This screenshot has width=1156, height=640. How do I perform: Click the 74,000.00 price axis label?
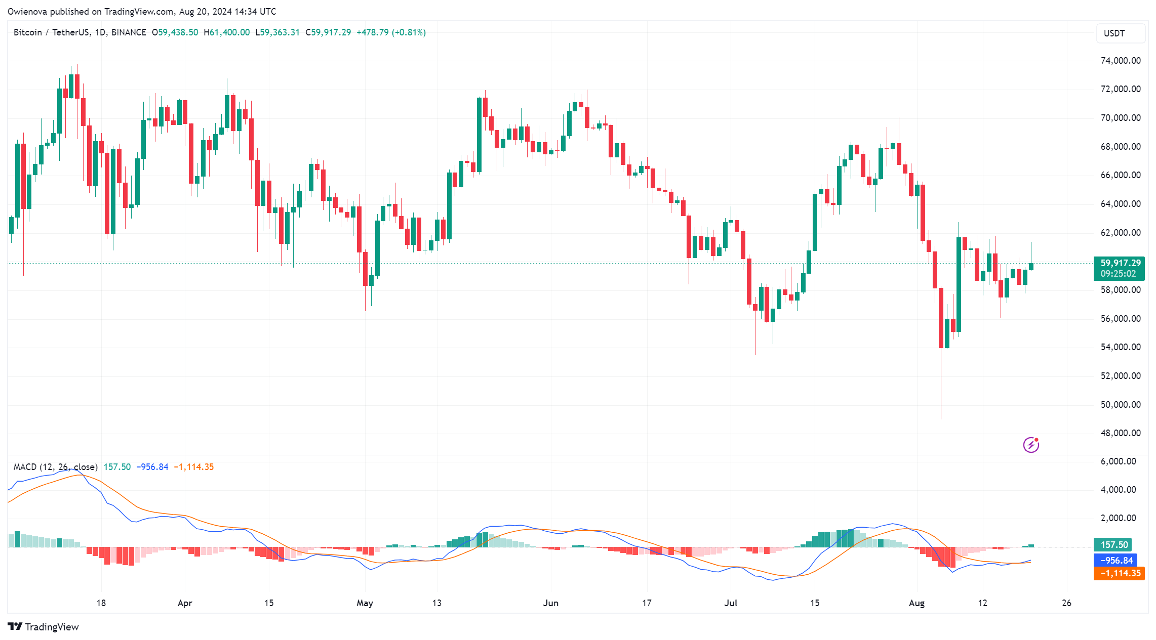(1121, 61)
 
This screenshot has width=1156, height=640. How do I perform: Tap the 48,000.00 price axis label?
(1121, 433)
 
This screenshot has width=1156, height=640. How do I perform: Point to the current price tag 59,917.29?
(1120, 263)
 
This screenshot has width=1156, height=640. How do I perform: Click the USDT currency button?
(1114, 33)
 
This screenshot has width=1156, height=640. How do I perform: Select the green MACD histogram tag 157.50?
(1113, 545)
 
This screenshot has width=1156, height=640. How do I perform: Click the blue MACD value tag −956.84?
(1115, 561)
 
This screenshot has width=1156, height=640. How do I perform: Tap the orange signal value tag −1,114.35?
(1120, 573)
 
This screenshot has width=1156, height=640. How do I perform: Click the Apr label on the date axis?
(185, 603)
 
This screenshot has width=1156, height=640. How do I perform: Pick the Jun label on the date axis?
(550, 603)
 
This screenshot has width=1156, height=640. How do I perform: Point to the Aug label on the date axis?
(916, 603)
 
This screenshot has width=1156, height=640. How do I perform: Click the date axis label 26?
(1066, 603)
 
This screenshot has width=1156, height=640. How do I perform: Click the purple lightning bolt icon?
(1031, 445)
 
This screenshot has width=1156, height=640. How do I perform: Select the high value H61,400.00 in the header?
(227, 32)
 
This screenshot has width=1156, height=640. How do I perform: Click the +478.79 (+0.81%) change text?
(391, 32)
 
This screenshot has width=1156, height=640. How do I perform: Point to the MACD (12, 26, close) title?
(55, 467)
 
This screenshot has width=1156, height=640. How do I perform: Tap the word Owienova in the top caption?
(26, 11)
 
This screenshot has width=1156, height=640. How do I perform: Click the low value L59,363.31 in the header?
(277, 32)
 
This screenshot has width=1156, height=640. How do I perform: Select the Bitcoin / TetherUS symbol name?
(53, 32)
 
